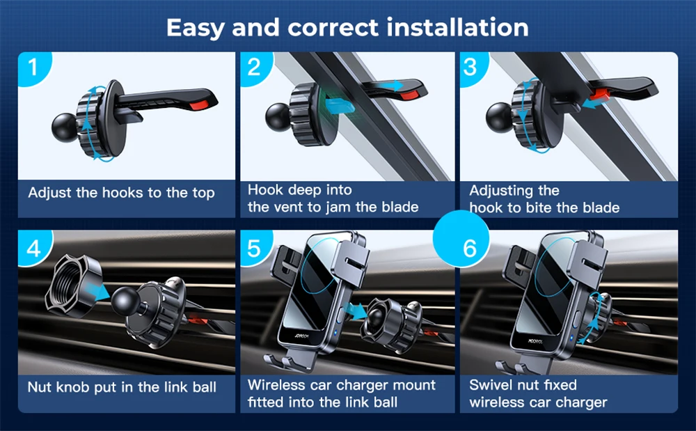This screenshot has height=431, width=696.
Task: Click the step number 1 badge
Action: pos(33,68)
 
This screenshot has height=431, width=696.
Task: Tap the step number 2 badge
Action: pos(255,68)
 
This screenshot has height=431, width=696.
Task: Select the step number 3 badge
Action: pos(473,68)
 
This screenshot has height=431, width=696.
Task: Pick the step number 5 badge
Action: pos(255,248)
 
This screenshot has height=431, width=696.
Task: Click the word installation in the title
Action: pos(458,27)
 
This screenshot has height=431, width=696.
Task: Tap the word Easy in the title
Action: pos(196,28)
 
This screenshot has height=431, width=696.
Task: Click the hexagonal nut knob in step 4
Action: pos(74,285)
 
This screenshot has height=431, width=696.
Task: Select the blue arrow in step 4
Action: pos(99,291)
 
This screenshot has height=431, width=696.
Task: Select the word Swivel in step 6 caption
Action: pos(491,384)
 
